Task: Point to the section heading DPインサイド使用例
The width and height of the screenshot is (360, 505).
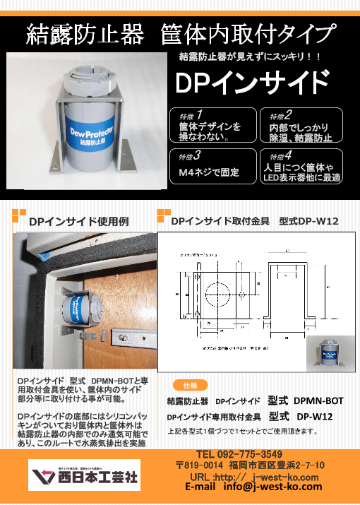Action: [78, 222]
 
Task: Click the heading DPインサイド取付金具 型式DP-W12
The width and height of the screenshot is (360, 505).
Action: [255, 222]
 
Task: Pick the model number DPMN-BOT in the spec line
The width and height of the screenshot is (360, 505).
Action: [318, 400]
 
